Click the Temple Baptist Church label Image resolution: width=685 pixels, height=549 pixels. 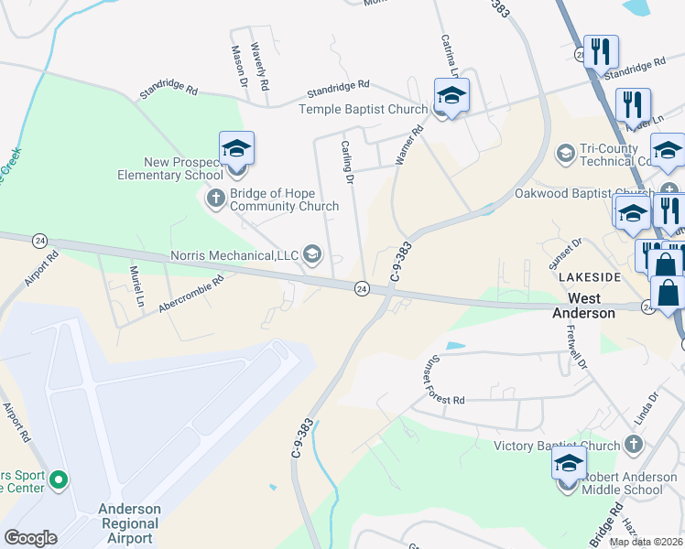tap(363, 110)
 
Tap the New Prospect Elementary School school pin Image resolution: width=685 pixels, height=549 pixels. tap(236, 150)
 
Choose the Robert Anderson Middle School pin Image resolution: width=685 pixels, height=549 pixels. tap(569, 465)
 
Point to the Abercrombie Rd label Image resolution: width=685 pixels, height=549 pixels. tap(190, 296)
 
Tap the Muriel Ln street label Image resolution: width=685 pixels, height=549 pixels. tap(138, 285)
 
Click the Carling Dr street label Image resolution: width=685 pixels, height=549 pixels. tap(347, 162)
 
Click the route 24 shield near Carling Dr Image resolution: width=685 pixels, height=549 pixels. tap(362, 289)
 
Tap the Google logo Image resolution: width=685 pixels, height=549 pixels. tap(31, 537)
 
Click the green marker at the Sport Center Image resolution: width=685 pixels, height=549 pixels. tap(60, 479)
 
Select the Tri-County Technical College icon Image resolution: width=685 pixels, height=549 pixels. tap(565, 151)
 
